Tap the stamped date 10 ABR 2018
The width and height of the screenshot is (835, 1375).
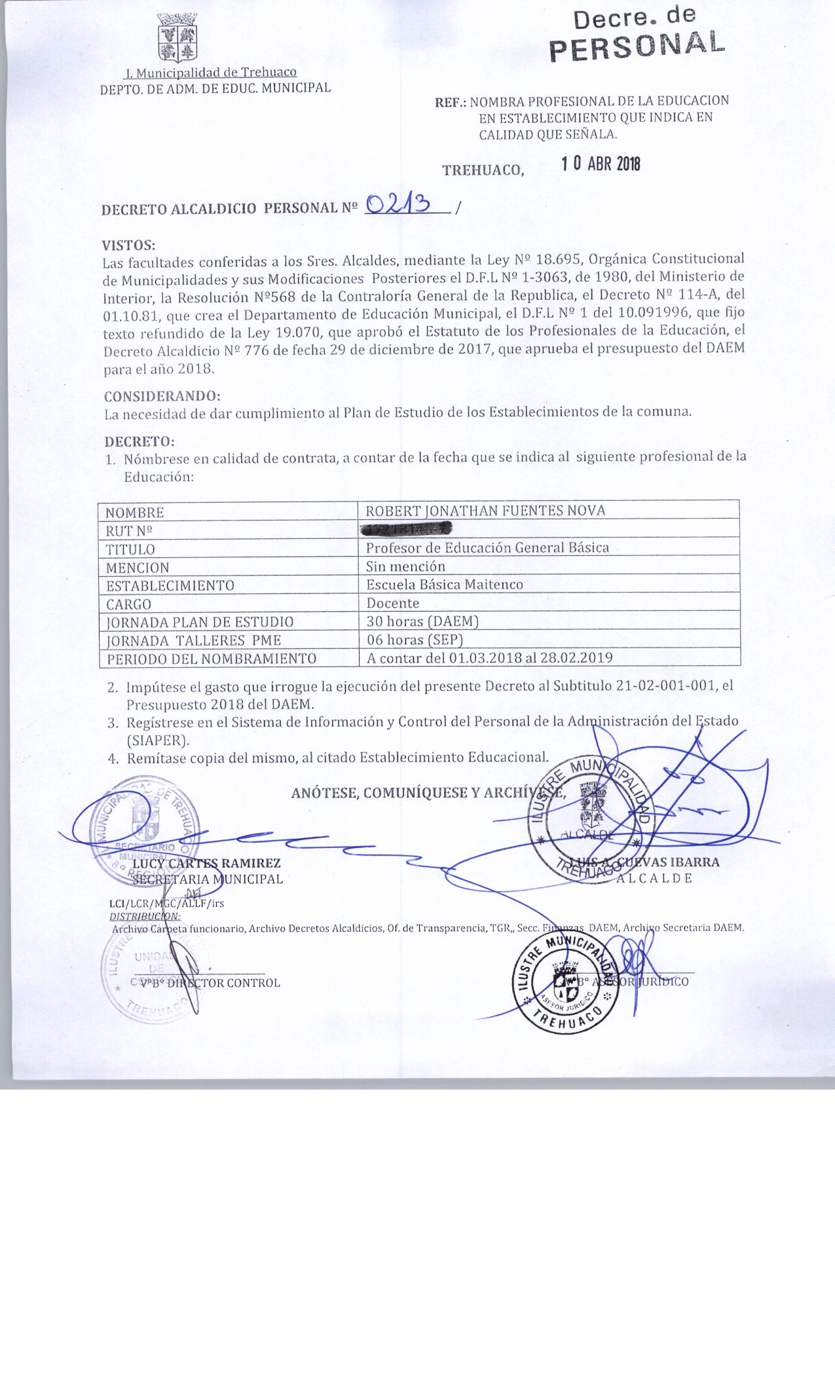(x=601, y=164)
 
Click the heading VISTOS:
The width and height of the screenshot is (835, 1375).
(x=128, y=246)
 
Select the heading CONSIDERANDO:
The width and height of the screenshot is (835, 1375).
(x=162, y=396)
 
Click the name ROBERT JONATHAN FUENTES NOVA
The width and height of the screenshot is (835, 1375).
(x=485, y=511)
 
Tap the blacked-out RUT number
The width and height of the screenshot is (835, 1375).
(x=407, y=529)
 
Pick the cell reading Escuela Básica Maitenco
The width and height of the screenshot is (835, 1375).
(x=444, y=584)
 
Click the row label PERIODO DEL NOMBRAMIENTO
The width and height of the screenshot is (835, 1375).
(x=211, y=658)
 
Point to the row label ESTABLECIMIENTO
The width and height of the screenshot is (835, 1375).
(x=170, y=585)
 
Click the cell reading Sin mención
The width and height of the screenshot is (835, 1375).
(x=405, y=566)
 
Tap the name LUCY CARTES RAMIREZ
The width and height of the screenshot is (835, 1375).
(x=206, y=863)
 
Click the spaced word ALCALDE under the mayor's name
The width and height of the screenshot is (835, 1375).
(x=653, y=879)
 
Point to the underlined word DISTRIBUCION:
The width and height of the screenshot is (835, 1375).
(x=145, y=915)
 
